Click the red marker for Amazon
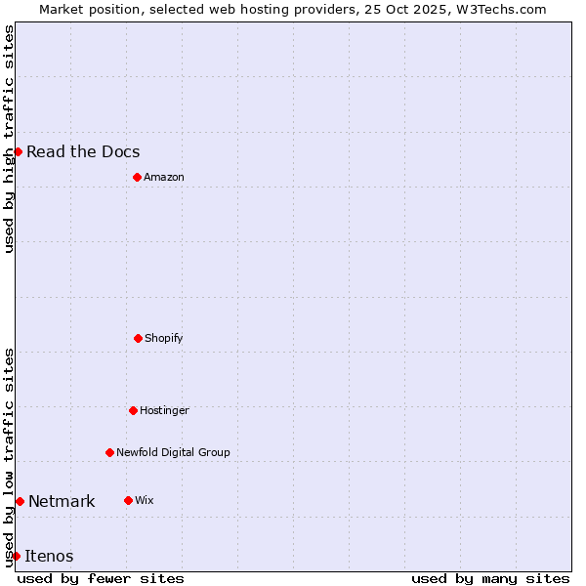coord(137,177)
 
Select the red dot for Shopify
coord(138,338)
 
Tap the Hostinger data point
coord(133,410)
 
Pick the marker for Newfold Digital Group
coord(109,452)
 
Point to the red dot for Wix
coord(128,500)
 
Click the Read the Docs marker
coord(18,151)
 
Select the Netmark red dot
coord(20,501)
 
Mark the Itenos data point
coord(16,556)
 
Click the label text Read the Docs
coord(83,151)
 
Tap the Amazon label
coord(164,177)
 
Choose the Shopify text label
coord(164,338)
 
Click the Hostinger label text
coord(164,410)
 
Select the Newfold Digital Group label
coord(173,452)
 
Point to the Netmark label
coord(62,501)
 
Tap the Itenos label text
coord(49,556)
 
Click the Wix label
coord(145,500)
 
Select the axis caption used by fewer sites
coord(101,578)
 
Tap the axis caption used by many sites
coord(490,578)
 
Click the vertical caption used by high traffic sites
coord(9,139)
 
